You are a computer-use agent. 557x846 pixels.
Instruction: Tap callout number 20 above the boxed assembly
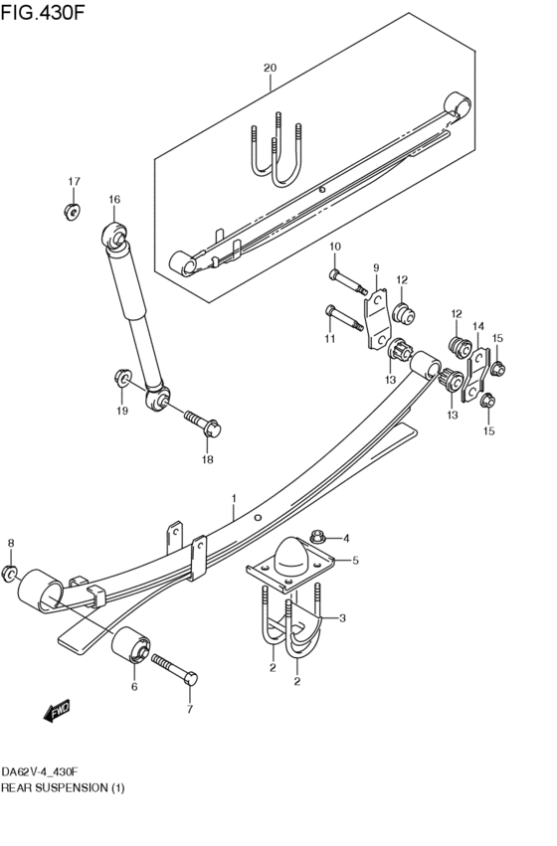269,68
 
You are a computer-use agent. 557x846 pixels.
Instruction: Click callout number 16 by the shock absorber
114,200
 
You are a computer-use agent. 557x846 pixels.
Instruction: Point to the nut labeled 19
120,379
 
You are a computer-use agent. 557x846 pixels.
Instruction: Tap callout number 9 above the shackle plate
376,267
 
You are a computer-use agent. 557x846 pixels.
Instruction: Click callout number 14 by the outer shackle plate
477,326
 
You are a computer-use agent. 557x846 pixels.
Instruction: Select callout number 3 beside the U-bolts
342,618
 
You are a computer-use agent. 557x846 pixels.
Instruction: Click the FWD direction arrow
54,710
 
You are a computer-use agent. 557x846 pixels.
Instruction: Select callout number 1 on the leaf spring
234,499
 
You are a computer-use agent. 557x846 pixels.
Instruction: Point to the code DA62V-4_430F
40,772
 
